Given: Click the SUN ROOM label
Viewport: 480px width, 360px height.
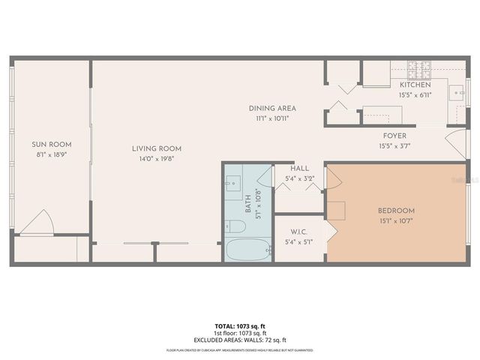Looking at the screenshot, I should point(52,144).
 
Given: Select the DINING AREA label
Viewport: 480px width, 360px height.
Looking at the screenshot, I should point(268,108).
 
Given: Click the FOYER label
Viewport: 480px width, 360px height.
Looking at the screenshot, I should point(394,136).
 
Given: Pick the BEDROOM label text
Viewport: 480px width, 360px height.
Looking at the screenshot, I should point(396,211).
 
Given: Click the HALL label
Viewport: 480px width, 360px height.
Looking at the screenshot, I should point(300,169).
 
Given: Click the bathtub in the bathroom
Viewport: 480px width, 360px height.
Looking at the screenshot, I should point(247,250).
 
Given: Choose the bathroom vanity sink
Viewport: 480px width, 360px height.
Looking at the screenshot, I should point(232,181).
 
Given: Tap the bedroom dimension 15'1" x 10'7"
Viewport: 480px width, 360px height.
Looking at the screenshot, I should point(396,220).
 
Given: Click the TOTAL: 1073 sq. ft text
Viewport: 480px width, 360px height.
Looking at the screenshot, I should point(240,326).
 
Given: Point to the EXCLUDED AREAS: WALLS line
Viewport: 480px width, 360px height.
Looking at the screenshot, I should point(240,340).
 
